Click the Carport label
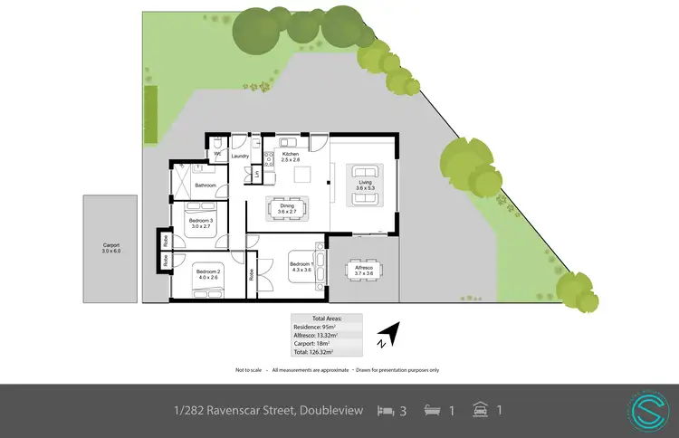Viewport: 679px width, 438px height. point(110,245)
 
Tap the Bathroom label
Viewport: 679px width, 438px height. point(205,185)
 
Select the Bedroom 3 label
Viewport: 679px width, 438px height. point(201,220)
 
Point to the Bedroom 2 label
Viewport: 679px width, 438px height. point(207,270)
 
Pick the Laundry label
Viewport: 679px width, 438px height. point(240,157)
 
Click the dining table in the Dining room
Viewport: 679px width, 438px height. point(287,207)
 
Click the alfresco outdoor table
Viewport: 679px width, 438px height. point(364,271)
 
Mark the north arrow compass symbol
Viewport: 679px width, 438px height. point(387,334)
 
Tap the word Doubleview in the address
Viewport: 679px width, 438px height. point(330,410)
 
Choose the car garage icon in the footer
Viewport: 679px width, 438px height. point(481,410)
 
